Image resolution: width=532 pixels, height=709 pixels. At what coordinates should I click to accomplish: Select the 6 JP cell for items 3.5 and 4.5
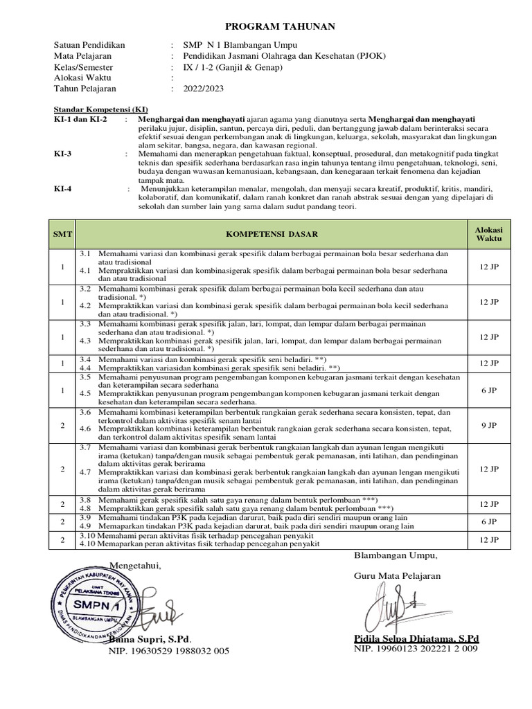tap(488, 391)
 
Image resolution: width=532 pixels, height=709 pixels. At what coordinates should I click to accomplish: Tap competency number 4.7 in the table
tap(85, 472)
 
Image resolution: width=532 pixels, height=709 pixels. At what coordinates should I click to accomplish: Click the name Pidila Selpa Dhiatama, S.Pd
tap(416, 638)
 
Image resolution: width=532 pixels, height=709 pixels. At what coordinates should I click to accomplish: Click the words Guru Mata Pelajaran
tap(397, 575)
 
